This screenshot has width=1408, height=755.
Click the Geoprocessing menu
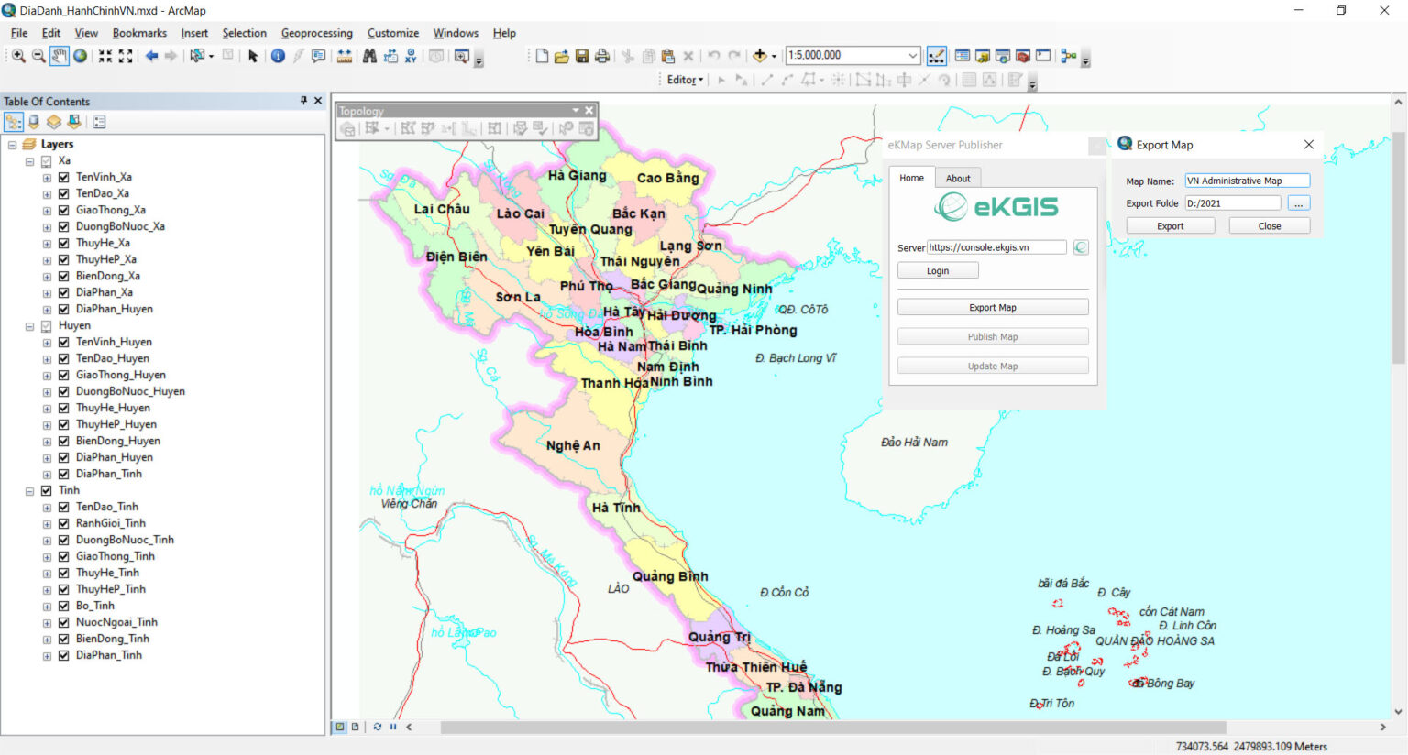pos(316,33)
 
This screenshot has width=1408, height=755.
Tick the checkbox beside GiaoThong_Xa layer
pos(64,210)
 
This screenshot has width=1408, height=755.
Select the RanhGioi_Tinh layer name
pos(110,523)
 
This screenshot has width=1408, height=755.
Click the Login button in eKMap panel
pos(937,271)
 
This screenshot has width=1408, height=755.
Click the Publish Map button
pos(992,337)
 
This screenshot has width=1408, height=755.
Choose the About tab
pos(957,179)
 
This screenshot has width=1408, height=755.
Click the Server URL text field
pos(995,247)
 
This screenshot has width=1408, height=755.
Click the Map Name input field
pos(1246,181)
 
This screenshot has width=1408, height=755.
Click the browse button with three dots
pos(1298,203)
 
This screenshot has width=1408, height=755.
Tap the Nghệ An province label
pos(573,446)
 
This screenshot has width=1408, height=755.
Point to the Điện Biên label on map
pos(456,257)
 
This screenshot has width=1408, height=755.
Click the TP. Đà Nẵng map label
pos(803,687)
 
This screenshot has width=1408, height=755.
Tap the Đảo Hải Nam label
pos(914,443)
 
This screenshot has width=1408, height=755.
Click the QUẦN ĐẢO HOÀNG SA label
pos(1154,641)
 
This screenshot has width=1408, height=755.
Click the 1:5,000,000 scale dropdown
pos(852,56)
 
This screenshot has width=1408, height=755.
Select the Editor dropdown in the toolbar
pos(684,80)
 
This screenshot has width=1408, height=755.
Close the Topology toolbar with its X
pos(589,111)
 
